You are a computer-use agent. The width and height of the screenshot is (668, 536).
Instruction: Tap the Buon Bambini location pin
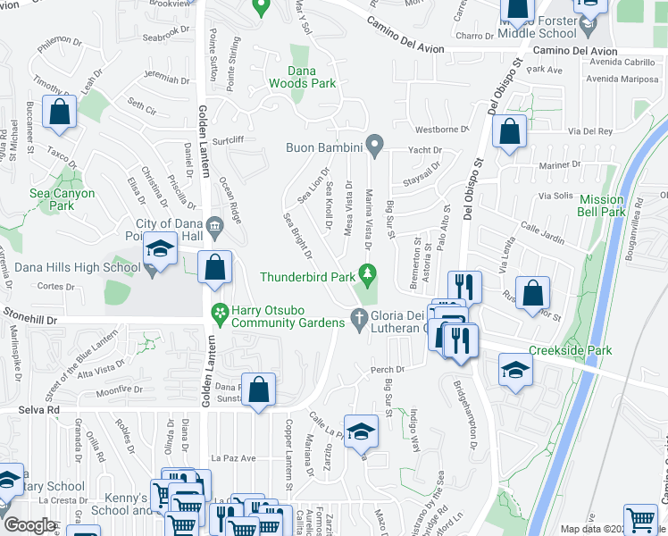pyautogui.click(x=376, y=144)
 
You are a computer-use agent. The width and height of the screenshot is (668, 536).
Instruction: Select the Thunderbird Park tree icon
pyautogui.click(x=364, y=272)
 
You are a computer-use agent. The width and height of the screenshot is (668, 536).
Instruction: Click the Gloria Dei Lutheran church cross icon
pyautogui.click(x=359, y=317)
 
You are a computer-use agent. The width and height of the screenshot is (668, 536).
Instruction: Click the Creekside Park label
pyautogui.click(x=570, y=350)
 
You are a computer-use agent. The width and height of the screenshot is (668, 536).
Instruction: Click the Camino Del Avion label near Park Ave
pyautogui.click(x=575, y=51)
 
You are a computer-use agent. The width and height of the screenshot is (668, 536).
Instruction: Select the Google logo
pyautogui.click(x=29, y=525)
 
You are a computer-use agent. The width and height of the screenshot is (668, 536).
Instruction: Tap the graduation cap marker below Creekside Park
pyautogui.click(x=515, y=369)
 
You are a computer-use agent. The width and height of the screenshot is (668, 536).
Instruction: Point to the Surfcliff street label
pyautogui.click(x=228, y=139)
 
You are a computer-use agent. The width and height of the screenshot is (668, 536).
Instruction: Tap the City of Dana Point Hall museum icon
pyautogui.click(x=214, y=225)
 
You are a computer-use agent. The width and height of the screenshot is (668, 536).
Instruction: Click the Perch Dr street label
pyautogui.click(x=389, y=369)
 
